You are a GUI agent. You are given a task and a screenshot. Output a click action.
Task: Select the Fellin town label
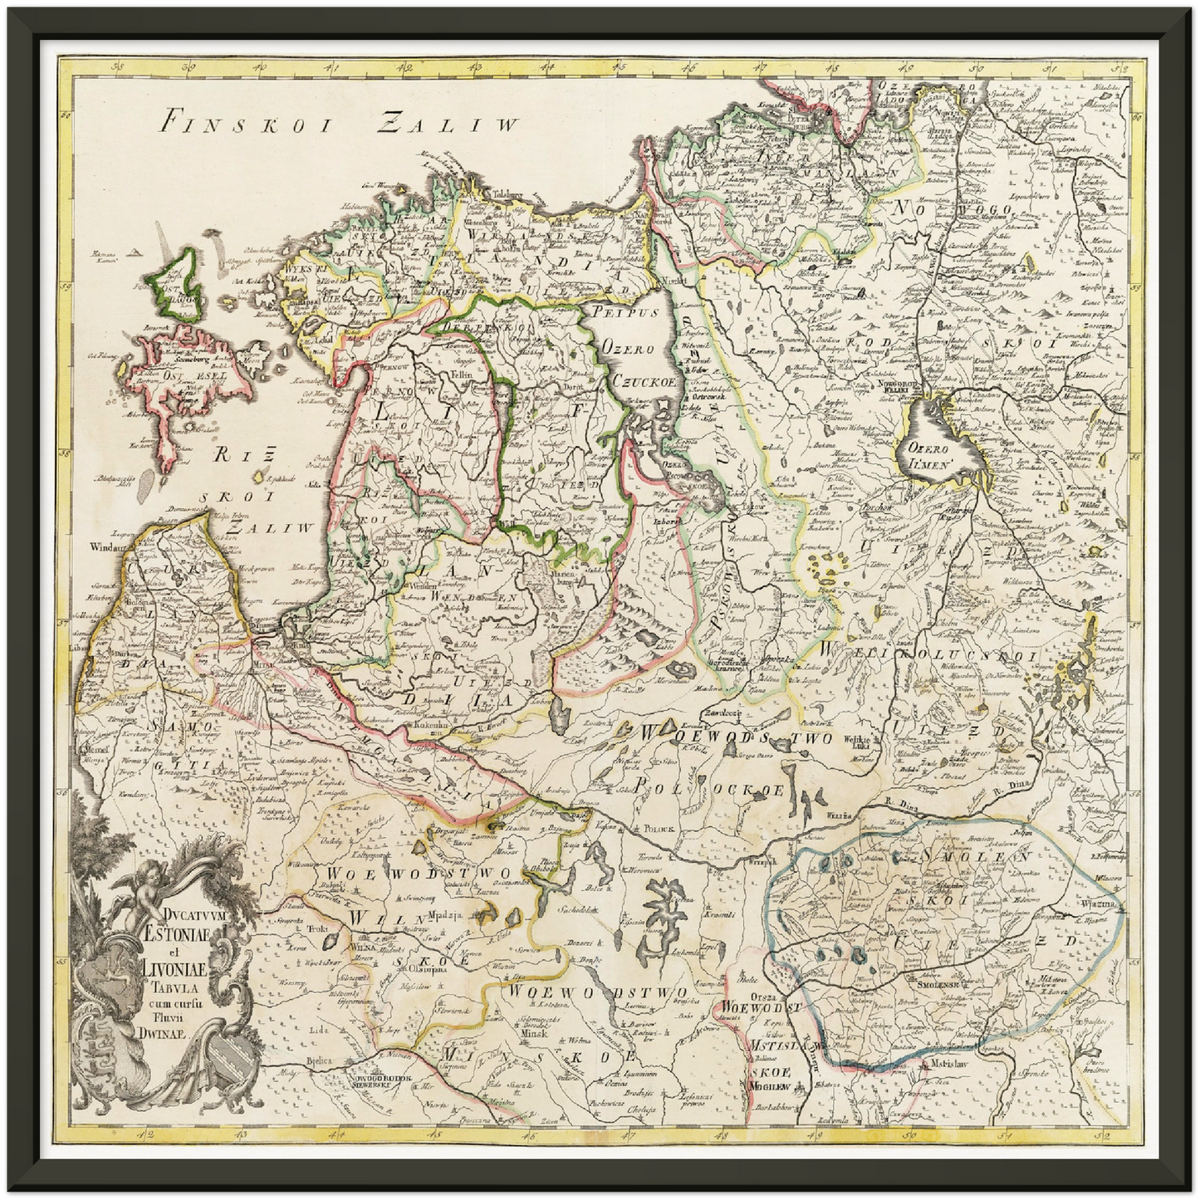462,375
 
